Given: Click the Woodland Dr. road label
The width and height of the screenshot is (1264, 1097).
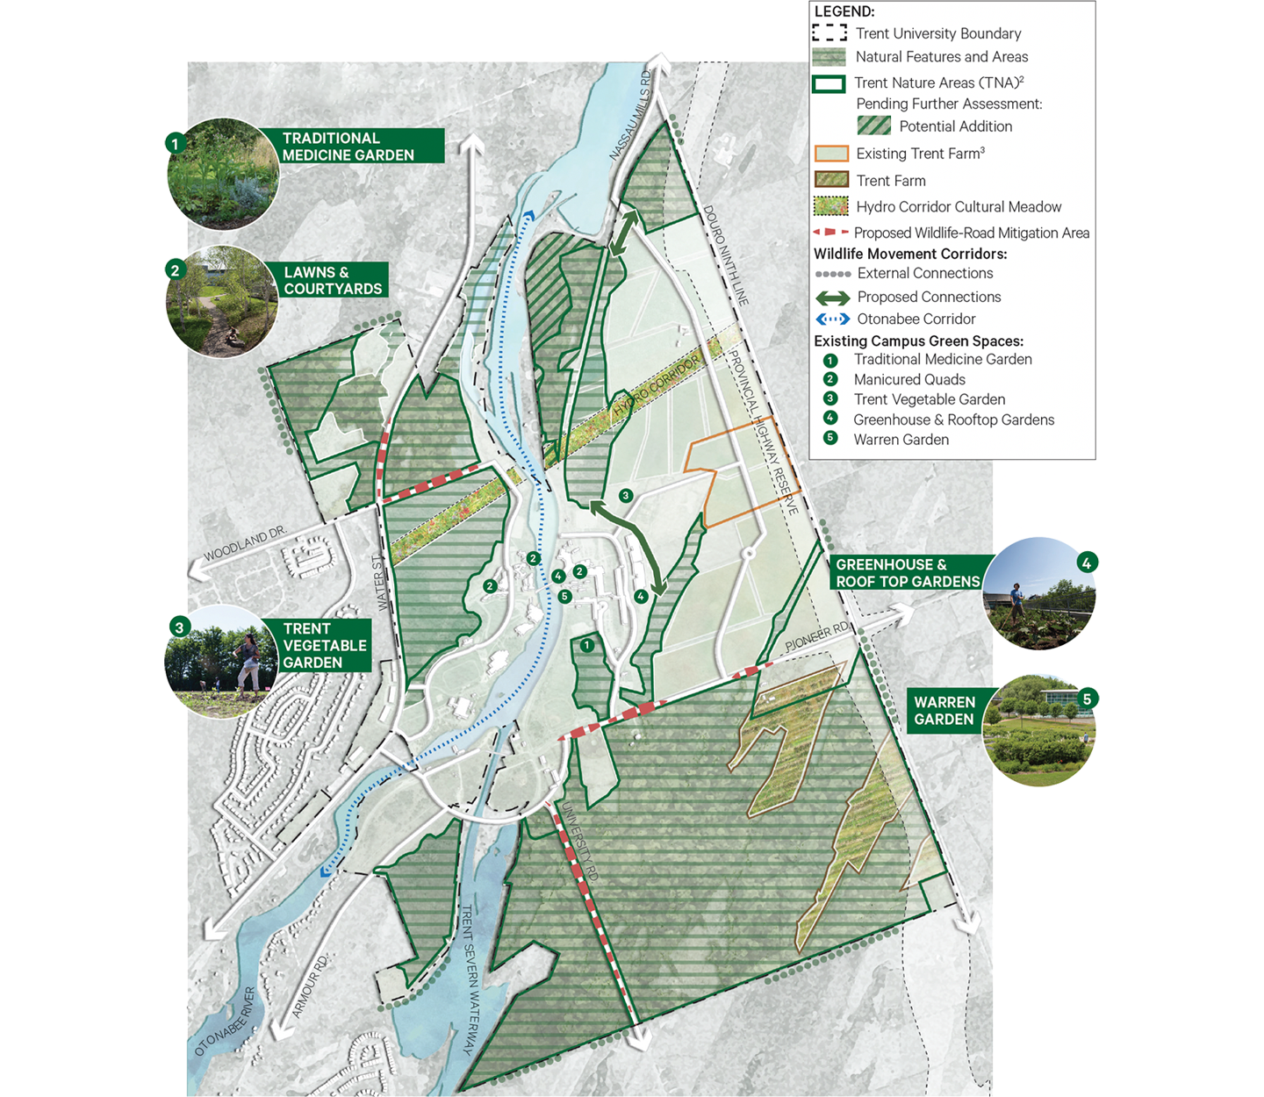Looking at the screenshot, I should click(x=245, y=544).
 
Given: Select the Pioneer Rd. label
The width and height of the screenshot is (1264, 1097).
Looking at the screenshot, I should click(x=817, y=636).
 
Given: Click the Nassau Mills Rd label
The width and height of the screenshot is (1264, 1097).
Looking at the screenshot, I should click(x=631, y=123).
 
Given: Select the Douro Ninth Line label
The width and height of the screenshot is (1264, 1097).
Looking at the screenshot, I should click(x=725, y=255).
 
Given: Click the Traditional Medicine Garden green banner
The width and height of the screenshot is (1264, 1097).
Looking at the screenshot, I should click(x=360, y=147).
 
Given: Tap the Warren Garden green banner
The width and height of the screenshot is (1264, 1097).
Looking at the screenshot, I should click(x=944, y=711).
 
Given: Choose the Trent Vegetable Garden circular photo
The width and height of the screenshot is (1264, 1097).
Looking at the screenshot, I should click(x=219, y=663).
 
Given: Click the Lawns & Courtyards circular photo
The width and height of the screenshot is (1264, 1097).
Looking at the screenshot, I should click(x=222, y=301).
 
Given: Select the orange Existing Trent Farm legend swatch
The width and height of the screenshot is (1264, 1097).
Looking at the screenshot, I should click(x=831, y=154).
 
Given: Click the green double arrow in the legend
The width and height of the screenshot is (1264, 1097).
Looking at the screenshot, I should click(x=832, y=298).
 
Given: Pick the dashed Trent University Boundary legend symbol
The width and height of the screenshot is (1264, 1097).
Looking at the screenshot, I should click(x=829, y=33).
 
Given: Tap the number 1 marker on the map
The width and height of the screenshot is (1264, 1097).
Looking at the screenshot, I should click(x=587, y=646).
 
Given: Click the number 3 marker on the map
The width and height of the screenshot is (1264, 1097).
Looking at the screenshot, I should click(x=626, y=496).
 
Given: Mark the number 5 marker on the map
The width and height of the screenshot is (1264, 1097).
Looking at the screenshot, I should click(x=564, y=597).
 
